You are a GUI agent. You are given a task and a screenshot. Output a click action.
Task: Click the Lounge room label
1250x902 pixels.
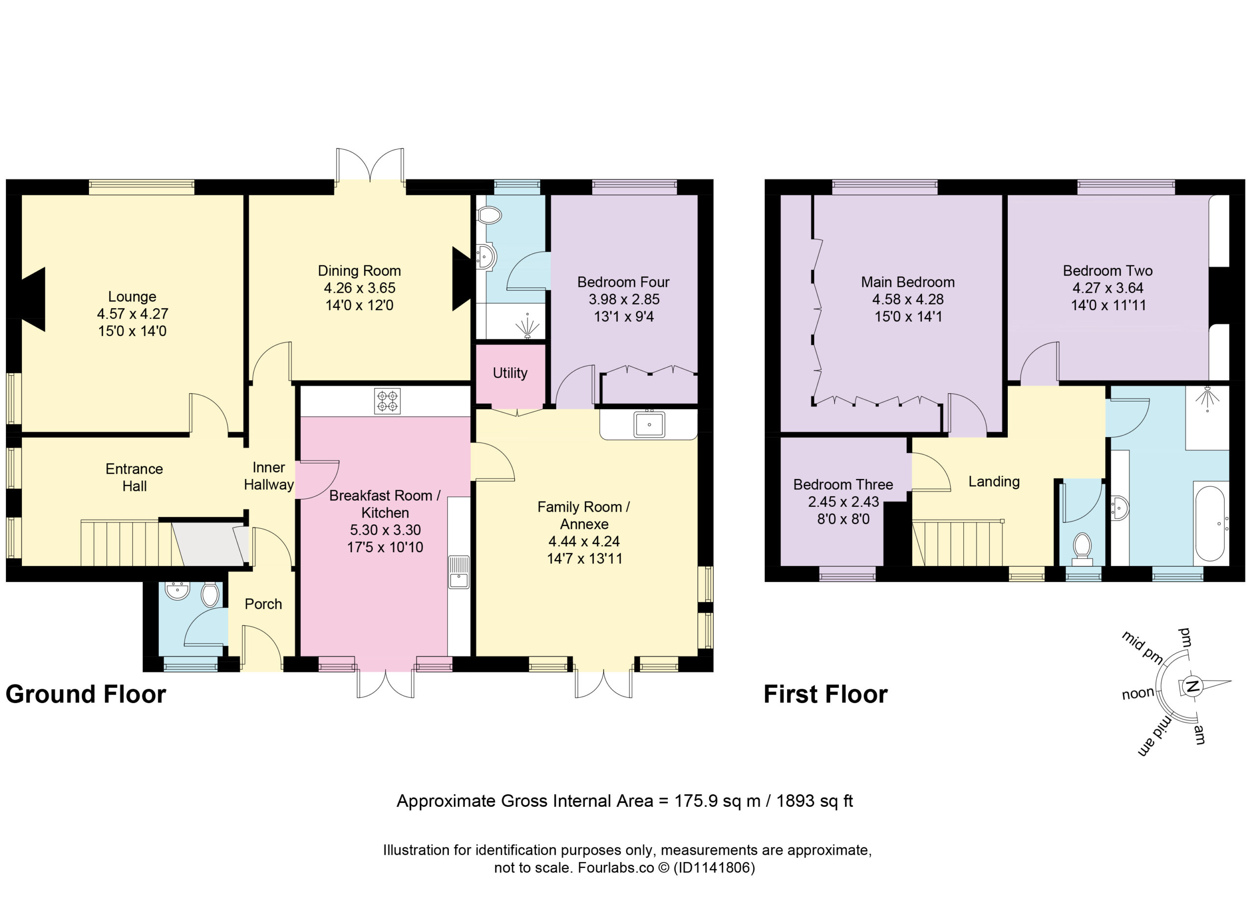point(132,297)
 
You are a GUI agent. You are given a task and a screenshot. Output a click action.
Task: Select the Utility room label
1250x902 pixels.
point(510,373)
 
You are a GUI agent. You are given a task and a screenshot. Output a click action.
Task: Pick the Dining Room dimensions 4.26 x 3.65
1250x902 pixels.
point(359,288)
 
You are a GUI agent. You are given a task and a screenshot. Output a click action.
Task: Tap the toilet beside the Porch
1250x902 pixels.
point(209,594)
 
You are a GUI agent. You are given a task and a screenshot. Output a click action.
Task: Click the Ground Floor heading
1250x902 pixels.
point(86,694)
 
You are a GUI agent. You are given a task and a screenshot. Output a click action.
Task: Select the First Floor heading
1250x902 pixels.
point(826,694)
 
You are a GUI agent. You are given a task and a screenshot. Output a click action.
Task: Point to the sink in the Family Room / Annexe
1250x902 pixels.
point(649,424)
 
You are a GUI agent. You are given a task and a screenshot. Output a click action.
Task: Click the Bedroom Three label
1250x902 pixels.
point(843,484)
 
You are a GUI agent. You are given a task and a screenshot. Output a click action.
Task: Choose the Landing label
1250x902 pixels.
point(994,482)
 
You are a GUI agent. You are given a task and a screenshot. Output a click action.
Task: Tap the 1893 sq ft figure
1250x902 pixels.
point(814,801)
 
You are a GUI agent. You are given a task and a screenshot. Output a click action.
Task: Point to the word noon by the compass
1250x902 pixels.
point(1138,693)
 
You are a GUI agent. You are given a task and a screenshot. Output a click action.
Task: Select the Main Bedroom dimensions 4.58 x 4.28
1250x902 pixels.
point(908,300)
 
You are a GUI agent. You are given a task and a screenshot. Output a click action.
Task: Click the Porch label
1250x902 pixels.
point(264,604)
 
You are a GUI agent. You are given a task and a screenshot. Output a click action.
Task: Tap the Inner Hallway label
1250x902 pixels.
point(269,476)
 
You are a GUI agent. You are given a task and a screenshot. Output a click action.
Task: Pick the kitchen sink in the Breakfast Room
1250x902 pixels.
point(458,572)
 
